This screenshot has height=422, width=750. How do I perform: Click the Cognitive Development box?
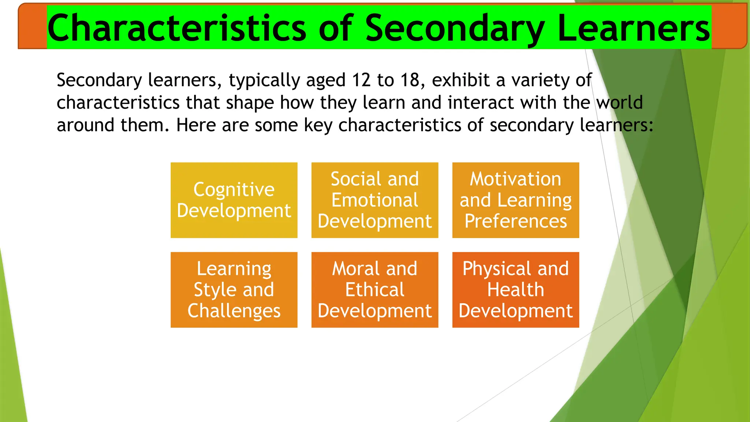tap(234, 200)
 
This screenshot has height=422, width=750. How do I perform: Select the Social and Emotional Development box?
tap(375, 200)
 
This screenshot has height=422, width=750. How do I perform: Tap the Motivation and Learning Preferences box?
tap(516, 200)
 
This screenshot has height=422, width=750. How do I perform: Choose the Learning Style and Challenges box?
tap(234, 290)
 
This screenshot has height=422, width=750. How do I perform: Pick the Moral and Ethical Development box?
tap(375, 290)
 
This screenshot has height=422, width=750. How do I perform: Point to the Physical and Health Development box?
tap(516, 290)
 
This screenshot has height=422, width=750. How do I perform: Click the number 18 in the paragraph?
tap(410, 80)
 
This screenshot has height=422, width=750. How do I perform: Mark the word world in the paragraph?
tap(620, 103)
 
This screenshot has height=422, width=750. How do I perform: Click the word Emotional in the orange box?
tap(375, 200)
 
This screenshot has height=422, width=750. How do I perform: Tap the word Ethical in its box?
tap(375, 290)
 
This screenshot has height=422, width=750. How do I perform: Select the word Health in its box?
tap(516, 290)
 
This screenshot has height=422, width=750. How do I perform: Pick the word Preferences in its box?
tap(516, 221)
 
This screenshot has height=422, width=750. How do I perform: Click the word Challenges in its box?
tap(234, 311)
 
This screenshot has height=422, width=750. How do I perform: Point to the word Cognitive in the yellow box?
tap(234, 189)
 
